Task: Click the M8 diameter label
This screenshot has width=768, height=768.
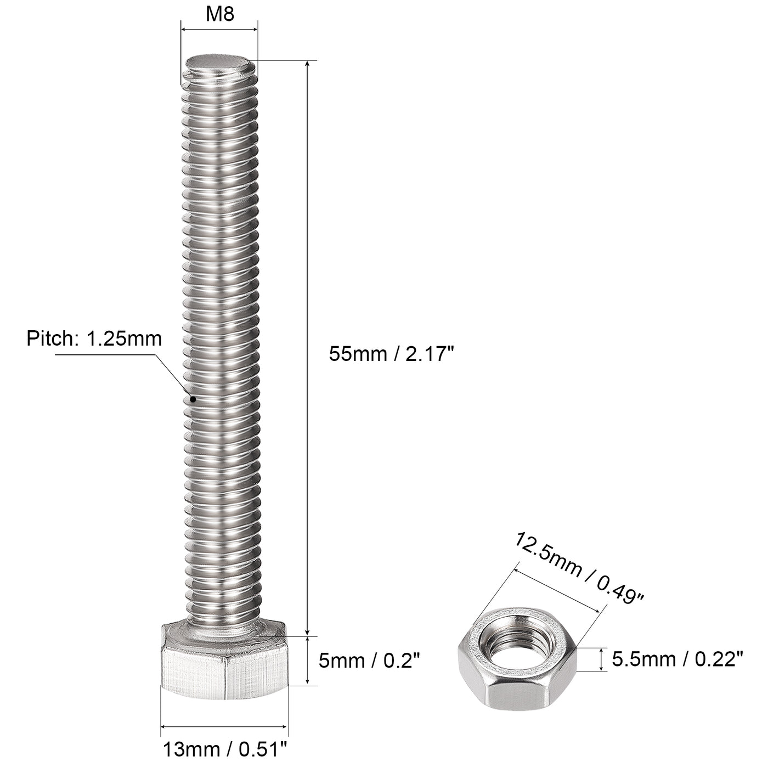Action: pyautogui.click(x=220, y=14)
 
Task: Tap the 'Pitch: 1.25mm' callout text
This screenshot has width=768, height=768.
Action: pyautogui.click(x=94, y=338)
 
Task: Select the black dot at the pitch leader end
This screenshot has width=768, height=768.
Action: pyautogui.click(x=193, y=399)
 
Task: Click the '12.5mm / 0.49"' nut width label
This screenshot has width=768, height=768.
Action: pyautogui.click(x=578, y=568)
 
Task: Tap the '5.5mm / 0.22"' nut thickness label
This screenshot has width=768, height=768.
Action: pyautogui.click(x=677, y=658)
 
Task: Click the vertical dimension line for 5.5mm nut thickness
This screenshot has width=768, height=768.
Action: pyautogui.click(x=602, y=659)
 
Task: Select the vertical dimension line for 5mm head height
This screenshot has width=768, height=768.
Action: pyautogui.click(x=308, y=660)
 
